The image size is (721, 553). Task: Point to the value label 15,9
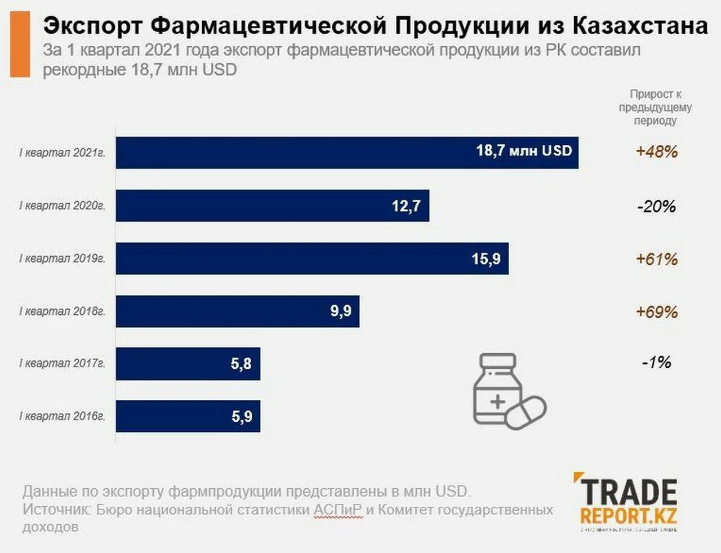pos(486,258)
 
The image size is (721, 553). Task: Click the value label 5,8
pos(241,364)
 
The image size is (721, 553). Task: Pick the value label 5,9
pos(242,417)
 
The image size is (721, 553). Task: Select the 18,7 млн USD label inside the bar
pos(524,151)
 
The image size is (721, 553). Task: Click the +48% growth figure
pos(656,151)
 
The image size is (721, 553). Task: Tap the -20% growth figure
pos(656,206)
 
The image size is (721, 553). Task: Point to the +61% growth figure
pos(656,259)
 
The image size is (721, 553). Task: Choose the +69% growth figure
pos(656,312)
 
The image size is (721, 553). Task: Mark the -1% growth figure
pos(656,362)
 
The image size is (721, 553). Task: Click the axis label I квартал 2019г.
pos(63,258)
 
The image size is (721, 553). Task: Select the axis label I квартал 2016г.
pos(63,416)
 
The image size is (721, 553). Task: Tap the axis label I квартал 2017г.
pos(63,363)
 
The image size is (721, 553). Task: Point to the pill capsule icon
pos(526,412)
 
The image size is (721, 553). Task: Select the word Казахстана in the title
pos(640,26)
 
